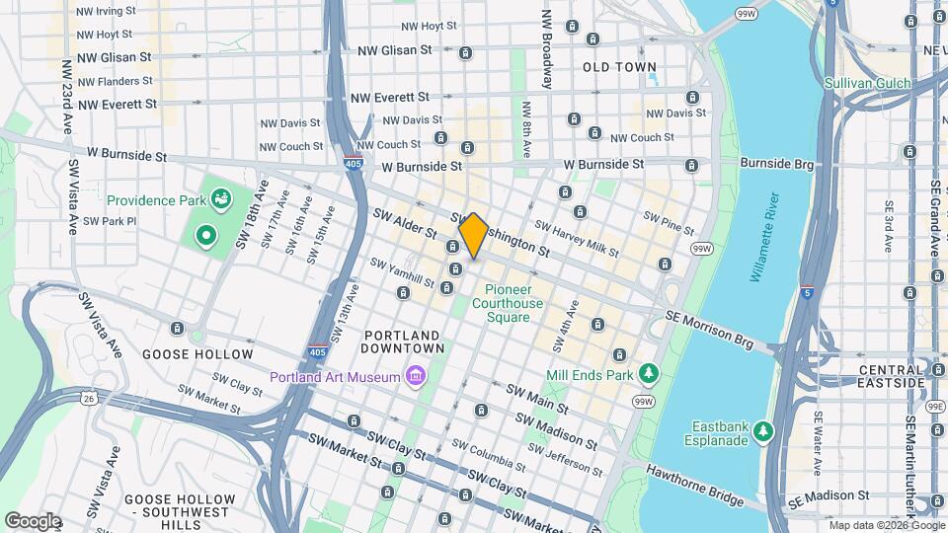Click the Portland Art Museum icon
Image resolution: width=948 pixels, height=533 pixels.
(416, 376)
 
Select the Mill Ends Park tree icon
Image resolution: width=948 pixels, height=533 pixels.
(649, 374)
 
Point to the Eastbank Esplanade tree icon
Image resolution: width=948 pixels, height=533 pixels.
(762, 431)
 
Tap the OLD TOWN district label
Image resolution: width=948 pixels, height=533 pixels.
(619, 67)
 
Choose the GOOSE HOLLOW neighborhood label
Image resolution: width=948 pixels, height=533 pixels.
(197, 353)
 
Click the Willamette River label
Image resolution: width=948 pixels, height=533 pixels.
(764, 238)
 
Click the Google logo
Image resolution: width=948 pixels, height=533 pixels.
(33, 520)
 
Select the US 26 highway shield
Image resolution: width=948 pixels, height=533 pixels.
(90, 399)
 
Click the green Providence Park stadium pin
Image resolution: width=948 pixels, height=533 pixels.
(205, 236)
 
